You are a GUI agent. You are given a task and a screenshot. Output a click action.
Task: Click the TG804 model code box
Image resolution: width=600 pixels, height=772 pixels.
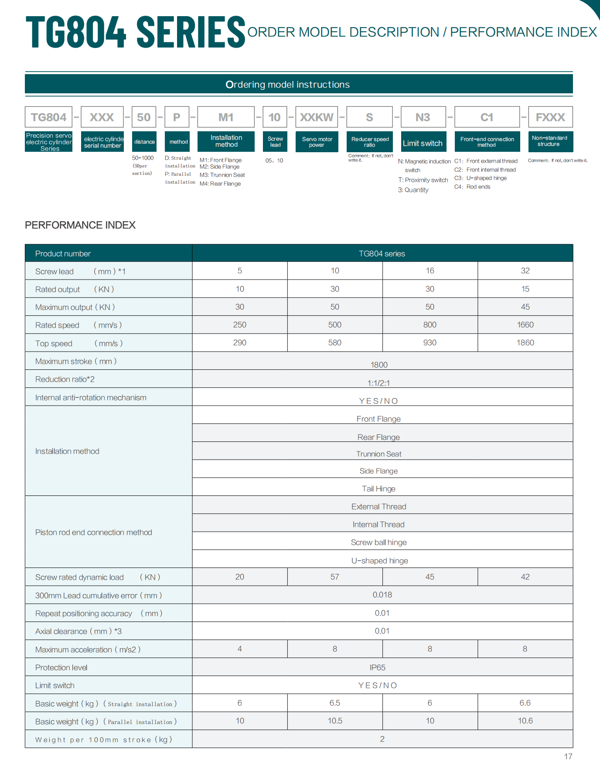(x=48, y=117)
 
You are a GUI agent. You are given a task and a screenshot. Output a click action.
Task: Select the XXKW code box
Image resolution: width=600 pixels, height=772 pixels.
(x=317, y=117)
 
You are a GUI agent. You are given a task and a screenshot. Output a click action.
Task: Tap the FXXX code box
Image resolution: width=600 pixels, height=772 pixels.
(x=550, y=117)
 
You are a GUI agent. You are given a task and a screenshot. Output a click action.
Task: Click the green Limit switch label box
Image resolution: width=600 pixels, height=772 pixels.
(x=423, y=143)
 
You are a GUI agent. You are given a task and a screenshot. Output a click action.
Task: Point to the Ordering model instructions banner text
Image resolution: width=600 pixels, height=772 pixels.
(x=287, y=85)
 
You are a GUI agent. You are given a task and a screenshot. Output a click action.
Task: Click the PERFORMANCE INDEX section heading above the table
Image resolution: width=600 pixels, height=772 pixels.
(x=80, y=225)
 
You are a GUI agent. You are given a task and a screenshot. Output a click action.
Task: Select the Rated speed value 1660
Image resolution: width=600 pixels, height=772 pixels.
(x=525, y=325)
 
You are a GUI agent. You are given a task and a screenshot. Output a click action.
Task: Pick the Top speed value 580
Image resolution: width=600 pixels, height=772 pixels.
(x=334, y=342)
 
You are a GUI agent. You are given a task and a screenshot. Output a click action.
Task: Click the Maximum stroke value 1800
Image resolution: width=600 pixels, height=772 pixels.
(x=379, y=365)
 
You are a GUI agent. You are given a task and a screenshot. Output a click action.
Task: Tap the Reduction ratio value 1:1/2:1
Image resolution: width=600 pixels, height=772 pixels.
(x=378, y=383)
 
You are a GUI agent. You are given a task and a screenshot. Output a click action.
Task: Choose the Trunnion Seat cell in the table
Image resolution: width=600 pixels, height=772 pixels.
(x=378, y=454)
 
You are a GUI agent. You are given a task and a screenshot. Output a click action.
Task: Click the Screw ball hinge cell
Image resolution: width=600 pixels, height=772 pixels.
(x=378, y=542)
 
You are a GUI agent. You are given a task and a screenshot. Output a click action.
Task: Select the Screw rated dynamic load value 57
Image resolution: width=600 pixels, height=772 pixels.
(x=334, y=577)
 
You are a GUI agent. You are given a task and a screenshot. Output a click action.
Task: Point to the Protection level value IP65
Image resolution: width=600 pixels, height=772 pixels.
(x=378, y=667)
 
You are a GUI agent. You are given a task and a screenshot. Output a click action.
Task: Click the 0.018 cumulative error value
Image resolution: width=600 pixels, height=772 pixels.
(x=382, y=594)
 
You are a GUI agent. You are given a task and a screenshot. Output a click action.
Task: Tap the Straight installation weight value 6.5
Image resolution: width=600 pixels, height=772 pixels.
(x=334, y=703)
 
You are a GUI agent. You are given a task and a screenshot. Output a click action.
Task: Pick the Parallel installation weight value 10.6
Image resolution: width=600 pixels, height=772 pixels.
(x=525, y=721)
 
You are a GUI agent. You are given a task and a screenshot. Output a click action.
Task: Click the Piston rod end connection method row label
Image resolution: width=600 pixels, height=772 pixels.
(x=94, y=532)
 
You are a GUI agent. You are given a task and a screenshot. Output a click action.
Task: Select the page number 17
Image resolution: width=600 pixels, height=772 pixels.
(x=568, y=756)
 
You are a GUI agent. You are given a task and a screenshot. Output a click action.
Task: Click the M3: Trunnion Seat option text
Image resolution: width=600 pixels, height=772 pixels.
(x=222, y=175)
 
